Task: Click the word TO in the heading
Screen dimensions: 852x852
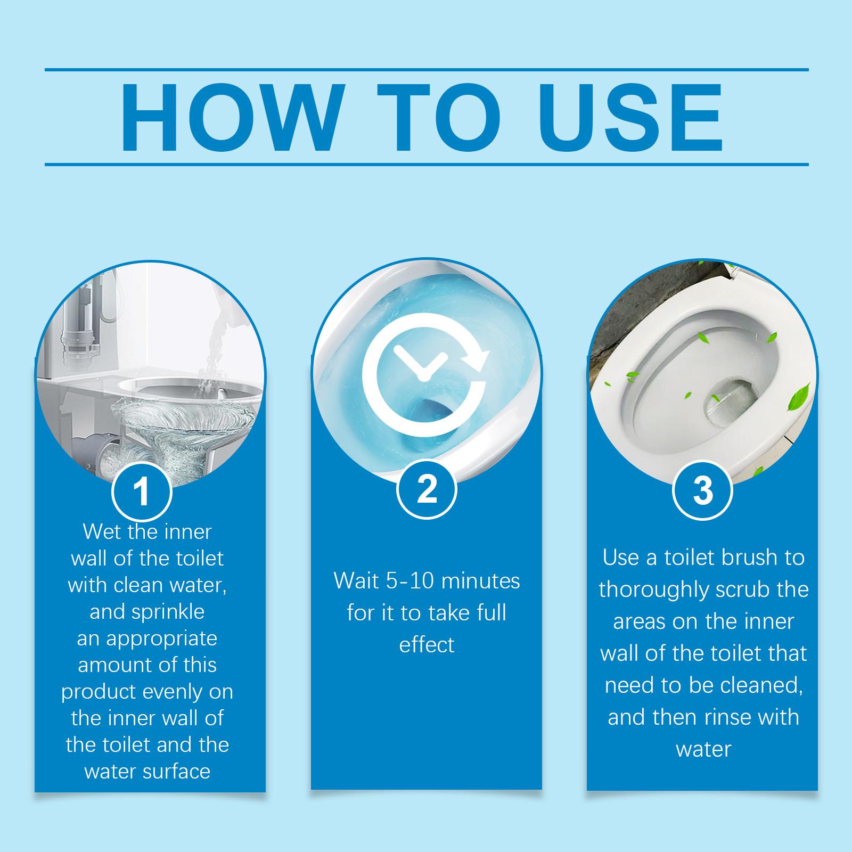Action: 438,118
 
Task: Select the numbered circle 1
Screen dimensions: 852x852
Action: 142,492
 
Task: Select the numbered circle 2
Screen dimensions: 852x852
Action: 427,489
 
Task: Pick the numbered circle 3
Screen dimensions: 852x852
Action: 702,491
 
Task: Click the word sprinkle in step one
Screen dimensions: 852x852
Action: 147,611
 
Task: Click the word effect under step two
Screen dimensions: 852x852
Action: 427,645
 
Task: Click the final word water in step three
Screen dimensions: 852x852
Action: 703,749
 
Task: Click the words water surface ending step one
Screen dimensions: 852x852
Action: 147,771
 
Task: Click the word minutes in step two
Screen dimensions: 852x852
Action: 480,581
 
